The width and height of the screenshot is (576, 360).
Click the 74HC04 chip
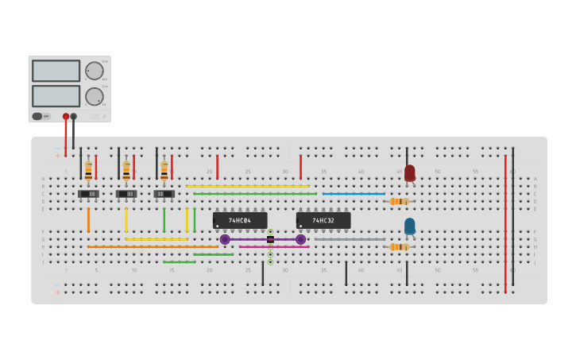240,220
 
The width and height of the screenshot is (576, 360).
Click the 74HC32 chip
323,220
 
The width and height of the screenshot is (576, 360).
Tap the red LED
410,172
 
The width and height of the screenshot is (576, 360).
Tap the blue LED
410,226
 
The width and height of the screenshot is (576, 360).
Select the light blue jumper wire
354,194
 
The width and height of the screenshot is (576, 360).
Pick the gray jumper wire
350,239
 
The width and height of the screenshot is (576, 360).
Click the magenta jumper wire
274,247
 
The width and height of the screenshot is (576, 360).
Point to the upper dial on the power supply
95,71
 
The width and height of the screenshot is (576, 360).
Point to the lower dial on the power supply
95,97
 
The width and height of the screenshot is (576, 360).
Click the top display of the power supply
56,71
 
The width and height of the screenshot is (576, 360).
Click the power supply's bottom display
56,96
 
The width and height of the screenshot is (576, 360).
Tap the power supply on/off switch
37,116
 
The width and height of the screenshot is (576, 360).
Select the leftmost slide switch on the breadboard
88,194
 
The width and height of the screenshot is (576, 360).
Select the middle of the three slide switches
126,194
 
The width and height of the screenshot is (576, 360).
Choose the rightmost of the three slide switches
164,194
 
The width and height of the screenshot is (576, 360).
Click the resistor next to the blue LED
399,247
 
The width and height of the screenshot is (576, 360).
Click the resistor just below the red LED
399,202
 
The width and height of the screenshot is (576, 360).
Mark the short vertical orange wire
88,220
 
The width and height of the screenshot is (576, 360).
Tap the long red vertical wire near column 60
505,223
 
